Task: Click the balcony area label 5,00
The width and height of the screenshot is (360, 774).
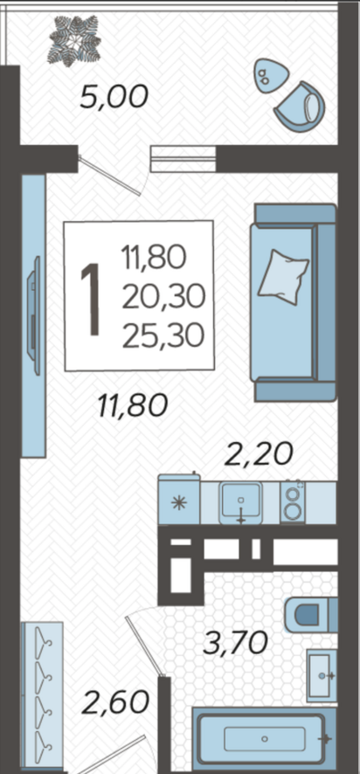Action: (x=114, y=97)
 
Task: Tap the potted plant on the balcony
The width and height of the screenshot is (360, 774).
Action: (x=74, y=40)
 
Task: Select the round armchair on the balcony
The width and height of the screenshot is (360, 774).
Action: (x=301, y=106)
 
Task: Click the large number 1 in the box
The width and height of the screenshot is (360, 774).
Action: (x=90, y=299)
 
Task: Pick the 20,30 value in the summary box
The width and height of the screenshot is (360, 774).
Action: (x=163, y=298)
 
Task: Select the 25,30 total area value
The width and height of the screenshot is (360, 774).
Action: (x=163, y=336)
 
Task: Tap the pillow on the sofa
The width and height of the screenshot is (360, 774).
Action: (x=283, y=278)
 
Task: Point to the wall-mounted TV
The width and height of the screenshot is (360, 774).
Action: (x=34, y=316)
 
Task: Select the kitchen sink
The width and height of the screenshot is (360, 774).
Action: (x=240, y=502)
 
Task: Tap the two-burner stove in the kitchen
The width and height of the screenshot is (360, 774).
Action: (x=293, y=501)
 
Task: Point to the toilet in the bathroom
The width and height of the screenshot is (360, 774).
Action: (x=311, y=614)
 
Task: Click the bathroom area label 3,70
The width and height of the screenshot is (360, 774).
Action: (x=236, y=643)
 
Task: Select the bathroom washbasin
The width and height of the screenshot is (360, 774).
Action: (x=322, y=674)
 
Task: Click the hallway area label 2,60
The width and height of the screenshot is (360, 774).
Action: (x=116, y=702)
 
